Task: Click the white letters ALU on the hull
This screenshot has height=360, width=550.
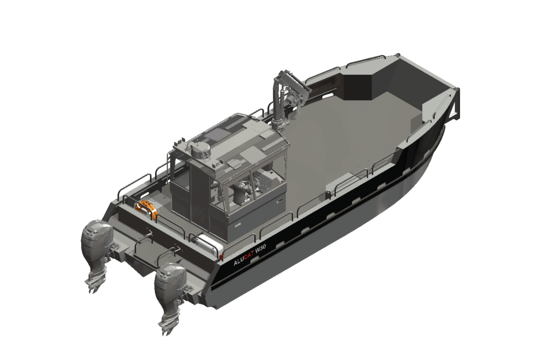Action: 238,261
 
